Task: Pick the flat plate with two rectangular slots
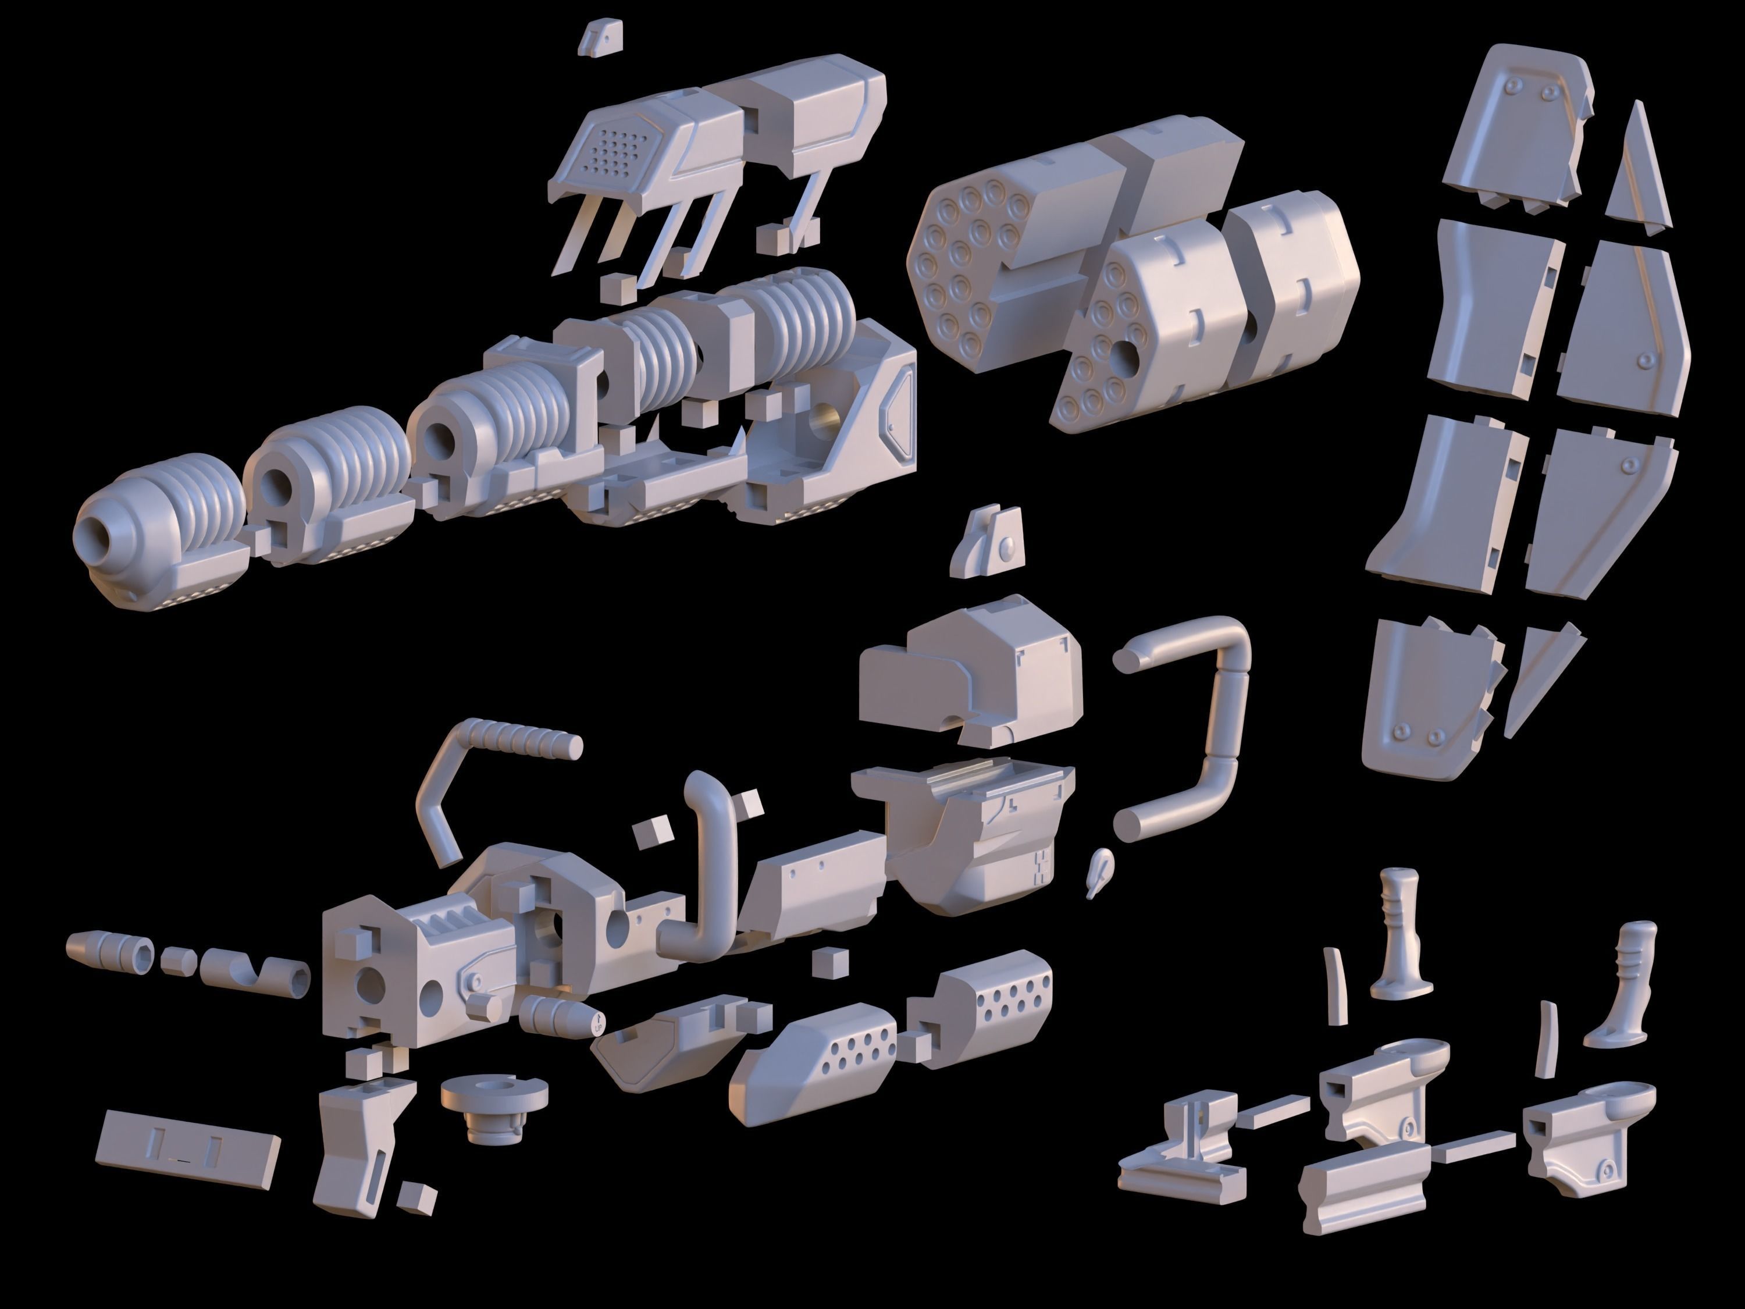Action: pyautogui.click(x=188, y=1150)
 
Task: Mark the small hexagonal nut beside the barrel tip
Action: pyautogui.click(x=179, y=962)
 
